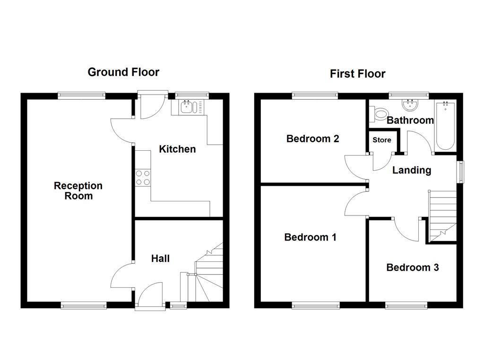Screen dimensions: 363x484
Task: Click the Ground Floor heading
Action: click(123, 72)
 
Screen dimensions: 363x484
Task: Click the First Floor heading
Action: click(357, 74)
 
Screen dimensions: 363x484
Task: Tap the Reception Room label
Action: click(78, 190)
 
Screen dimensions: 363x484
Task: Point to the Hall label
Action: click(160, 259)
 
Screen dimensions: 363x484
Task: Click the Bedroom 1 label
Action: click(310, 237)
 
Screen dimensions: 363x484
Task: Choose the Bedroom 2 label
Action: click(312, 139)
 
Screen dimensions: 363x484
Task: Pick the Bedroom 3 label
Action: click(412, 268)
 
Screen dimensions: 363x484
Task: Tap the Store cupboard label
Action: click(382, 140)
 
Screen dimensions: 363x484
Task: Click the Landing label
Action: click(412, 170)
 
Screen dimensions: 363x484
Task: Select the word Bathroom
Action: click(410, 121)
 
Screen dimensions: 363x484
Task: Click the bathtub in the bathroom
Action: click(445, 125)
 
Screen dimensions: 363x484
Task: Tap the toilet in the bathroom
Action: click(380, 114)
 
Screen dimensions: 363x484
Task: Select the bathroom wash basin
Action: click(408, 104)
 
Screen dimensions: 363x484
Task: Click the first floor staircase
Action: click(442, 216)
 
